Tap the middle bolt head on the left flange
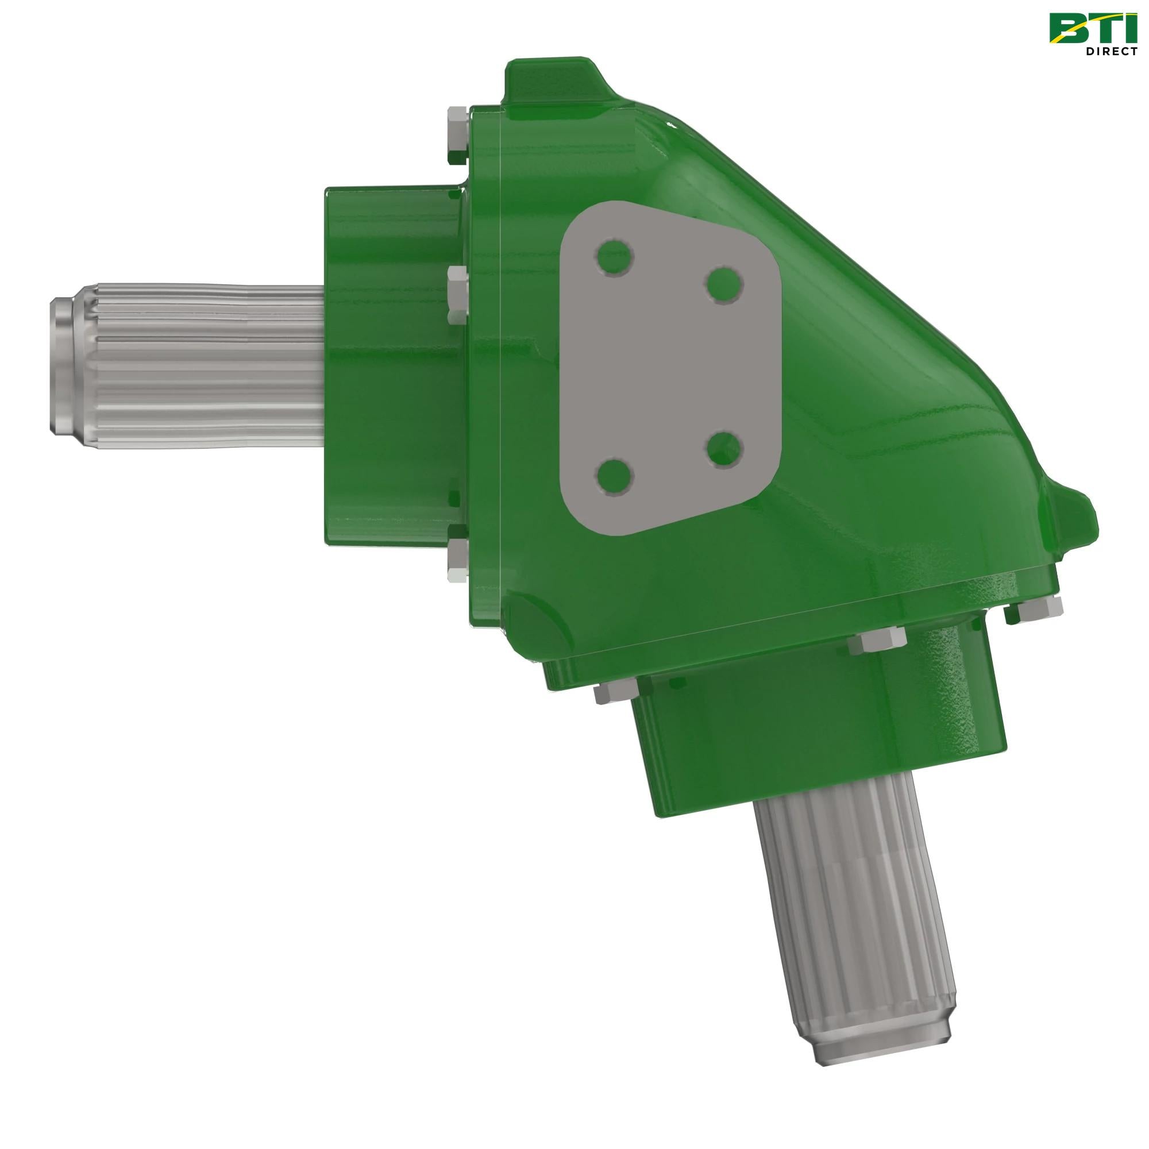[457, 295]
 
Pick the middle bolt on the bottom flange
[879, 641]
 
